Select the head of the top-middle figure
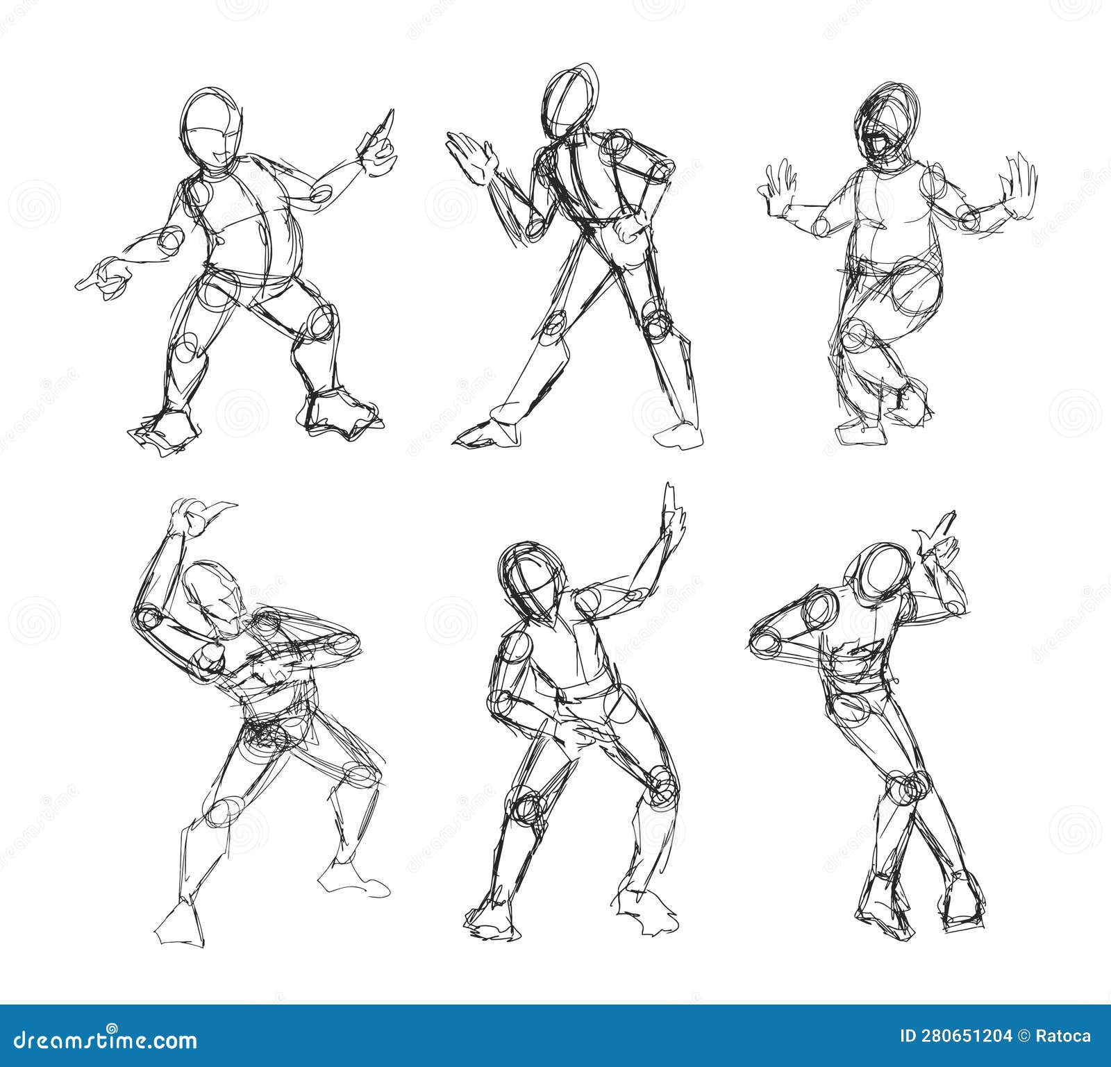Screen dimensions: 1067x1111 click(x=569, y=104)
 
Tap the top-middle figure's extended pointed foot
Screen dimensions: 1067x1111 click(x=479, y=434)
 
